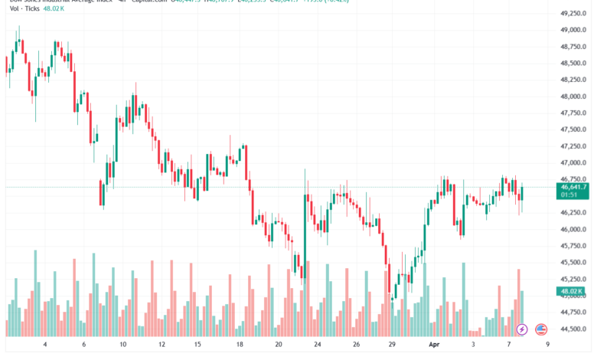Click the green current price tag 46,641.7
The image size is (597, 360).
tap(573, 186)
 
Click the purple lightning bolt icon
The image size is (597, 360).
tap(523, 329)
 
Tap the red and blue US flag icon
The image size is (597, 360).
tap(541, 329)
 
